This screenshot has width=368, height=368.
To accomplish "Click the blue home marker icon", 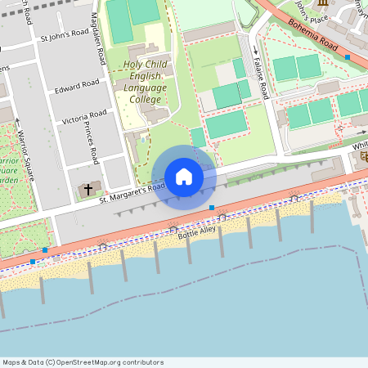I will [x=184, y=176].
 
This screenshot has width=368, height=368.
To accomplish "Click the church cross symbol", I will [x=87, y=190].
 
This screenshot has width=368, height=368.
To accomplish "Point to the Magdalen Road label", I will [x=97, y=45].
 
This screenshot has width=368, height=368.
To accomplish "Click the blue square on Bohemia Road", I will [x=348, y=58].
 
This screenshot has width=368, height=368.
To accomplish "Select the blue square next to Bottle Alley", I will [x=212, y=209].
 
